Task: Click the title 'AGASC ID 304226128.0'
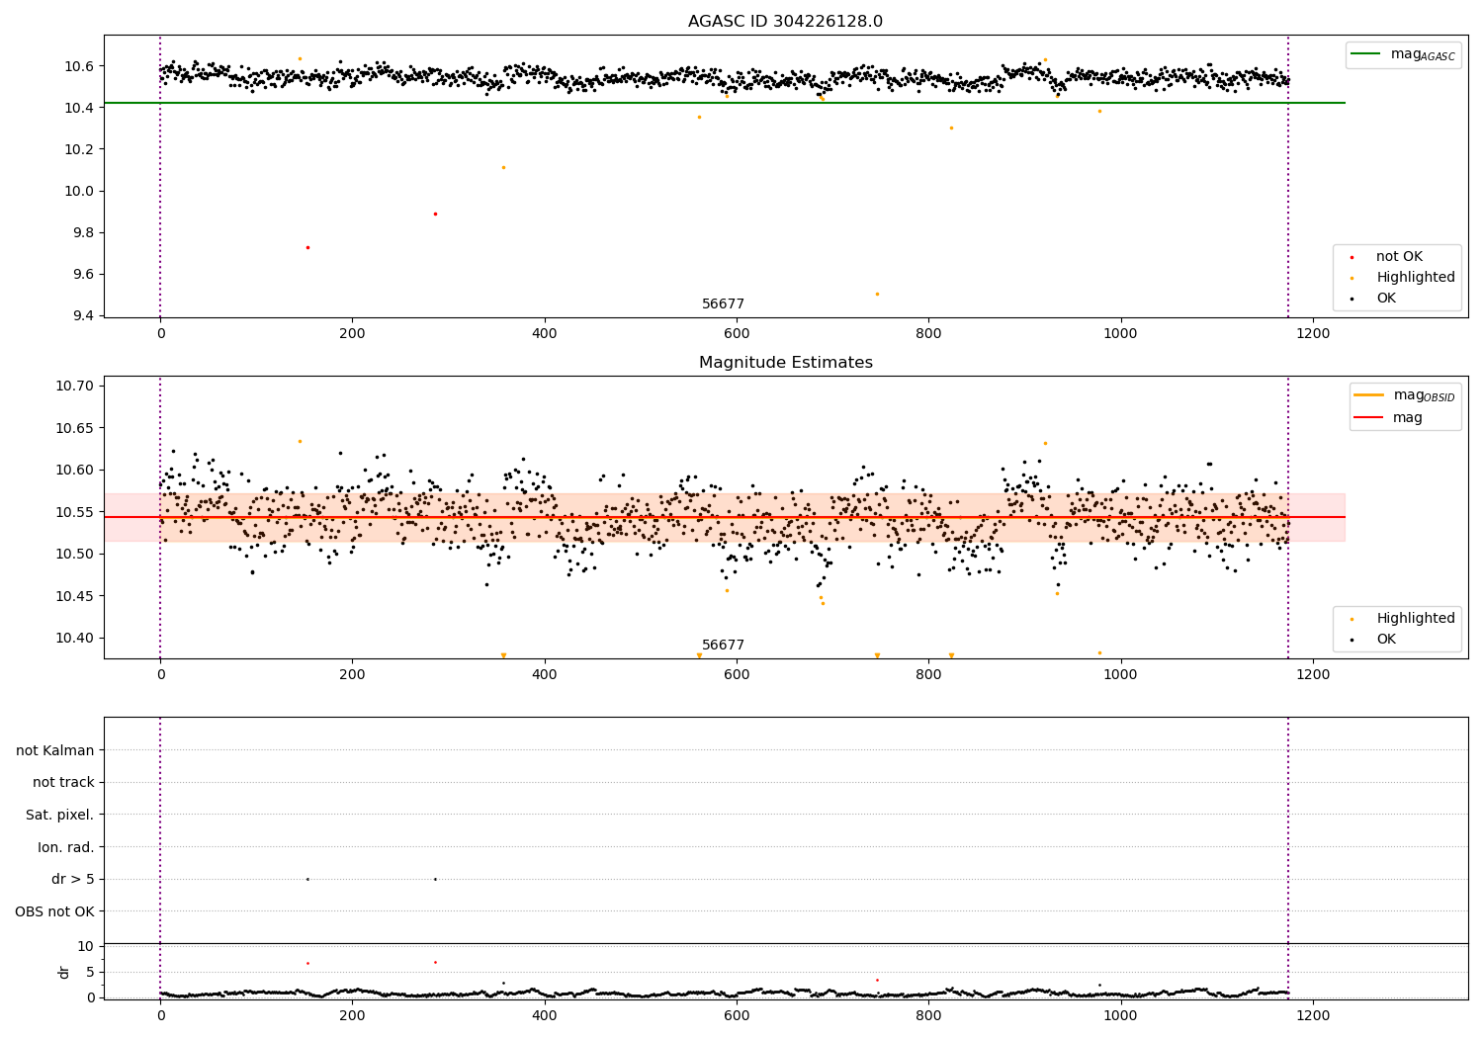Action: tap(785, 22)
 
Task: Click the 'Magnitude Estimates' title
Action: tap(785, 363)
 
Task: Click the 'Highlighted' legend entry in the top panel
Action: tap(1415, 278)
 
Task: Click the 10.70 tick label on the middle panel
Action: tap(76, 386)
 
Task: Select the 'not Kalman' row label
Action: tap(55, 750)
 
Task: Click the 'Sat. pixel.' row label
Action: tap(59, 815)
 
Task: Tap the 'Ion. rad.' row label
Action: tap(65, 847)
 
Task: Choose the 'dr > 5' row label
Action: tap(72, 879)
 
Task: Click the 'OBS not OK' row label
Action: tap(54, 911)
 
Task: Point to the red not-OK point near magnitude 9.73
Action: tap(307, 247)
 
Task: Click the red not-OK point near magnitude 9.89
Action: tap(435, 214)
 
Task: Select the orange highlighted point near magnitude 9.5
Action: tap(877, 294)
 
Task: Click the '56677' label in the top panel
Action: tap(723, 304)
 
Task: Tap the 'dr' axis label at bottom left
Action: tap(64, 972)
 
